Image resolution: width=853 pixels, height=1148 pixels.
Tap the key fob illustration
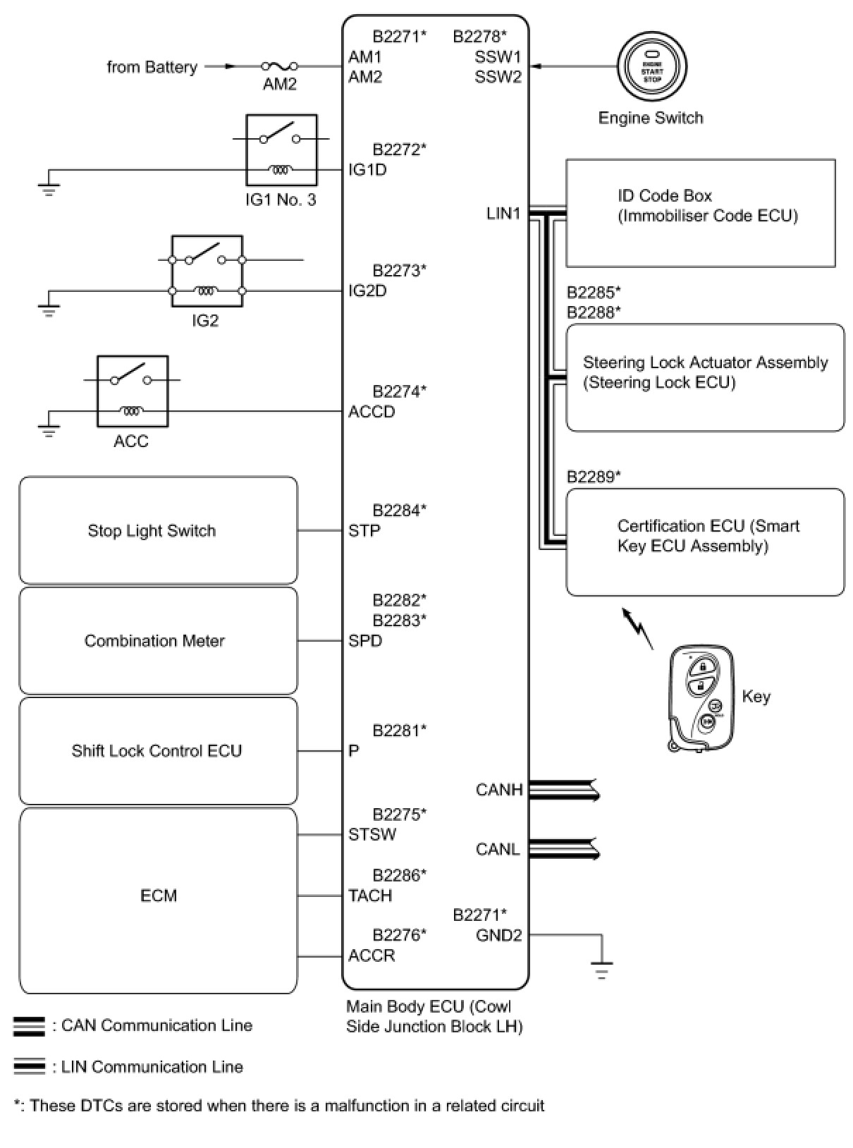(701, 697)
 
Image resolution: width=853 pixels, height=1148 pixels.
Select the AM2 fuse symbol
(279, 67)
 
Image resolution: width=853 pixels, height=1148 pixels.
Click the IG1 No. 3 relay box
(281, 150)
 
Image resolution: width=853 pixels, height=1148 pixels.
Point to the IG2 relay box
(207, 271)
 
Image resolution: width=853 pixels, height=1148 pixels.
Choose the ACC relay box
(133, 391)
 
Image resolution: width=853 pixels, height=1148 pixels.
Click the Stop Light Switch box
(158, 530)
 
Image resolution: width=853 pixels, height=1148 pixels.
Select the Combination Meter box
(158, 641)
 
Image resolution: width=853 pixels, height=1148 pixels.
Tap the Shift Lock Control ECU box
(158, 751)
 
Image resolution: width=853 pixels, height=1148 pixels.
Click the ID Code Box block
(700, 213)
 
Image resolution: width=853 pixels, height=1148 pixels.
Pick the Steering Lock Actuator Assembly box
(705, 377)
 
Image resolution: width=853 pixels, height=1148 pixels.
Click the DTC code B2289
(594, 477)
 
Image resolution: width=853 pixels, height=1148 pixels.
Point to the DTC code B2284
(399, 511)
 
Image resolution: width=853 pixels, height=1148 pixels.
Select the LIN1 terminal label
(503, 213)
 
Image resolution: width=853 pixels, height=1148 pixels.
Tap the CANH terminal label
(499, 790)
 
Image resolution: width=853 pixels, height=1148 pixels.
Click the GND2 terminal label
(498, 936)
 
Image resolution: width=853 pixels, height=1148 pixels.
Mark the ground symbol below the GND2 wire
(601, 970)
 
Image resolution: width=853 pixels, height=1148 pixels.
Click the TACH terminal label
(369, 896)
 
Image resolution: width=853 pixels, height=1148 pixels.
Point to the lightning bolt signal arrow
(638, 628)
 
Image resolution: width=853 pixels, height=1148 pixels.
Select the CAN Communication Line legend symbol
(29, 1026)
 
